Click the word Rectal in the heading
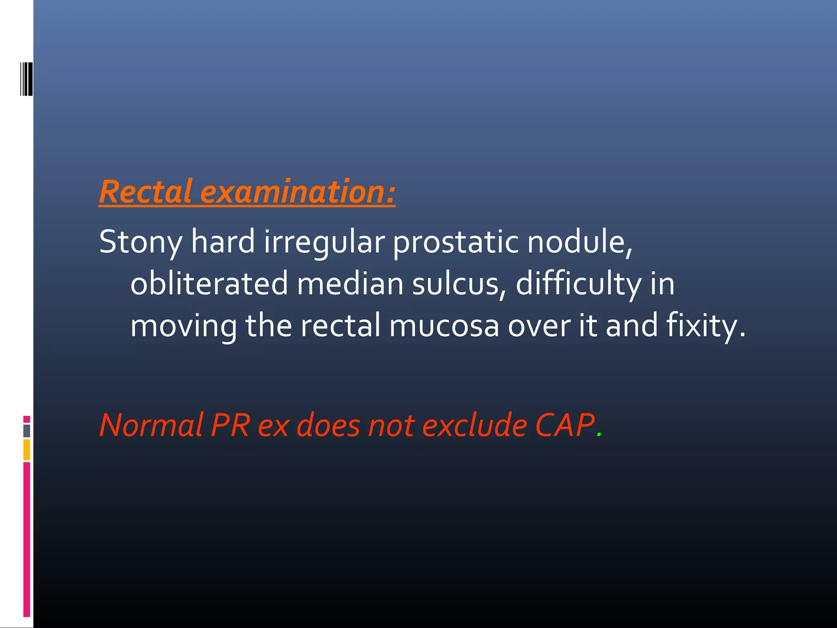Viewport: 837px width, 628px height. pos(145,192)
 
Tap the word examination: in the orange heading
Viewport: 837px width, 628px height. pos(298,192)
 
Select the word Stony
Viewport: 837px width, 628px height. pos(141,242)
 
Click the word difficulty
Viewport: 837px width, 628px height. pos(578,284)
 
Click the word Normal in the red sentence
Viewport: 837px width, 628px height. pos(151,426)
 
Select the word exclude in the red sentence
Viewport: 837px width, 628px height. pos(474,426)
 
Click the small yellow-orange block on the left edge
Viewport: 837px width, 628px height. pos(27,449)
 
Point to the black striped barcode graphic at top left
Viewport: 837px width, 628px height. pos(27,78)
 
